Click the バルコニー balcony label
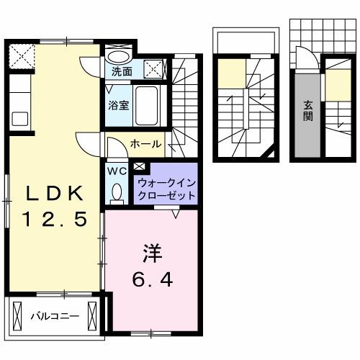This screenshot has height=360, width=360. coord(54,315)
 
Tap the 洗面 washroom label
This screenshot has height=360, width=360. coord(122,71)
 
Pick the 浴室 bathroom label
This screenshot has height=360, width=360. coord(118,104)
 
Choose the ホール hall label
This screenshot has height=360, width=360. coord(145,144)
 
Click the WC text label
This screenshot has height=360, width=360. coord(116,171)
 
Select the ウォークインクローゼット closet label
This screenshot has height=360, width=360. coord(166,189)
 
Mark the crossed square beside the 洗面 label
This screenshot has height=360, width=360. coord(154,70)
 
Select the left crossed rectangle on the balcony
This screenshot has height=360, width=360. coord(17,315)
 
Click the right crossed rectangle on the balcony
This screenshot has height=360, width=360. coord(91,315)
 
